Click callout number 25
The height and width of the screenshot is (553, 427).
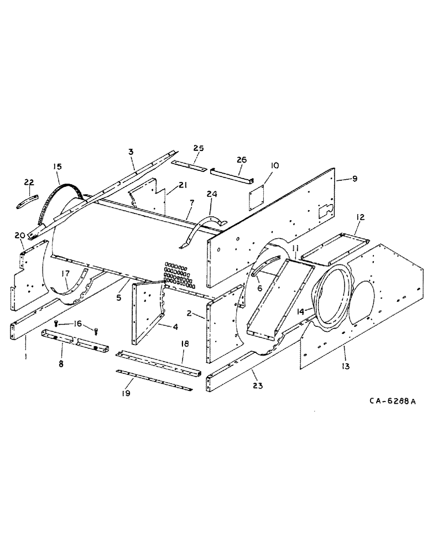[198, 148]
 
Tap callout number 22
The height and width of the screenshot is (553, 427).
[29, 182]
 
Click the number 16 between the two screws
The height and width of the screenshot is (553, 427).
[77, 324]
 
